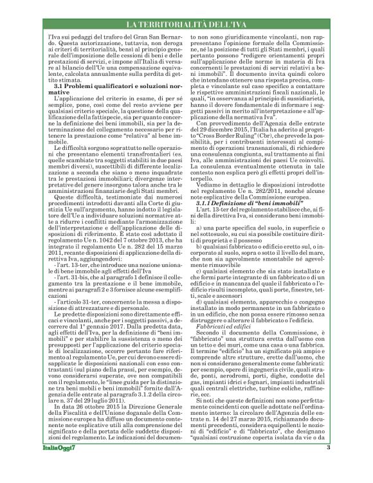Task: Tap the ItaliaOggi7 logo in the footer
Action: click(x=51, y=466)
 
